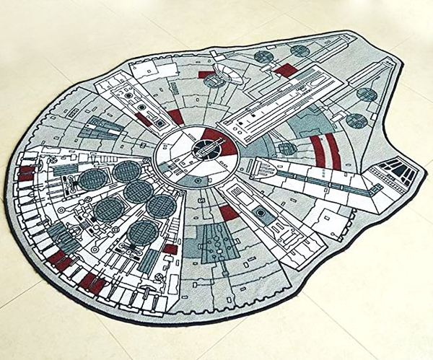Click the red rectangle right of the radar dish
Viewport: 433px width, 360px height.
286,70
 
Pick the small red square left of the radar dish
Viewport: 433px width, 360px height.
204,74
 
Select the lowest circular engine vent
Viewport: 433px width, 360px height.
143,232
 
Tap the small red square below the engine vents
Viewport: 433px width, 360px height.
170,249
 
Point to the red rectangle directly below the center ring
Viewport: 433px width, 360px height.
227,212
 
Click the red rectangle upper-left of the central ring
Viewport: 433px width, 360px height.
175,116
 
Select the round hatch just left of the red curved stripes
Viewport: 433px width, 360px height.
287,149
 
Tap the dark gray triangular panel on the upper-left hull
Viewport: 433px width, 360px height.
98,128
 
